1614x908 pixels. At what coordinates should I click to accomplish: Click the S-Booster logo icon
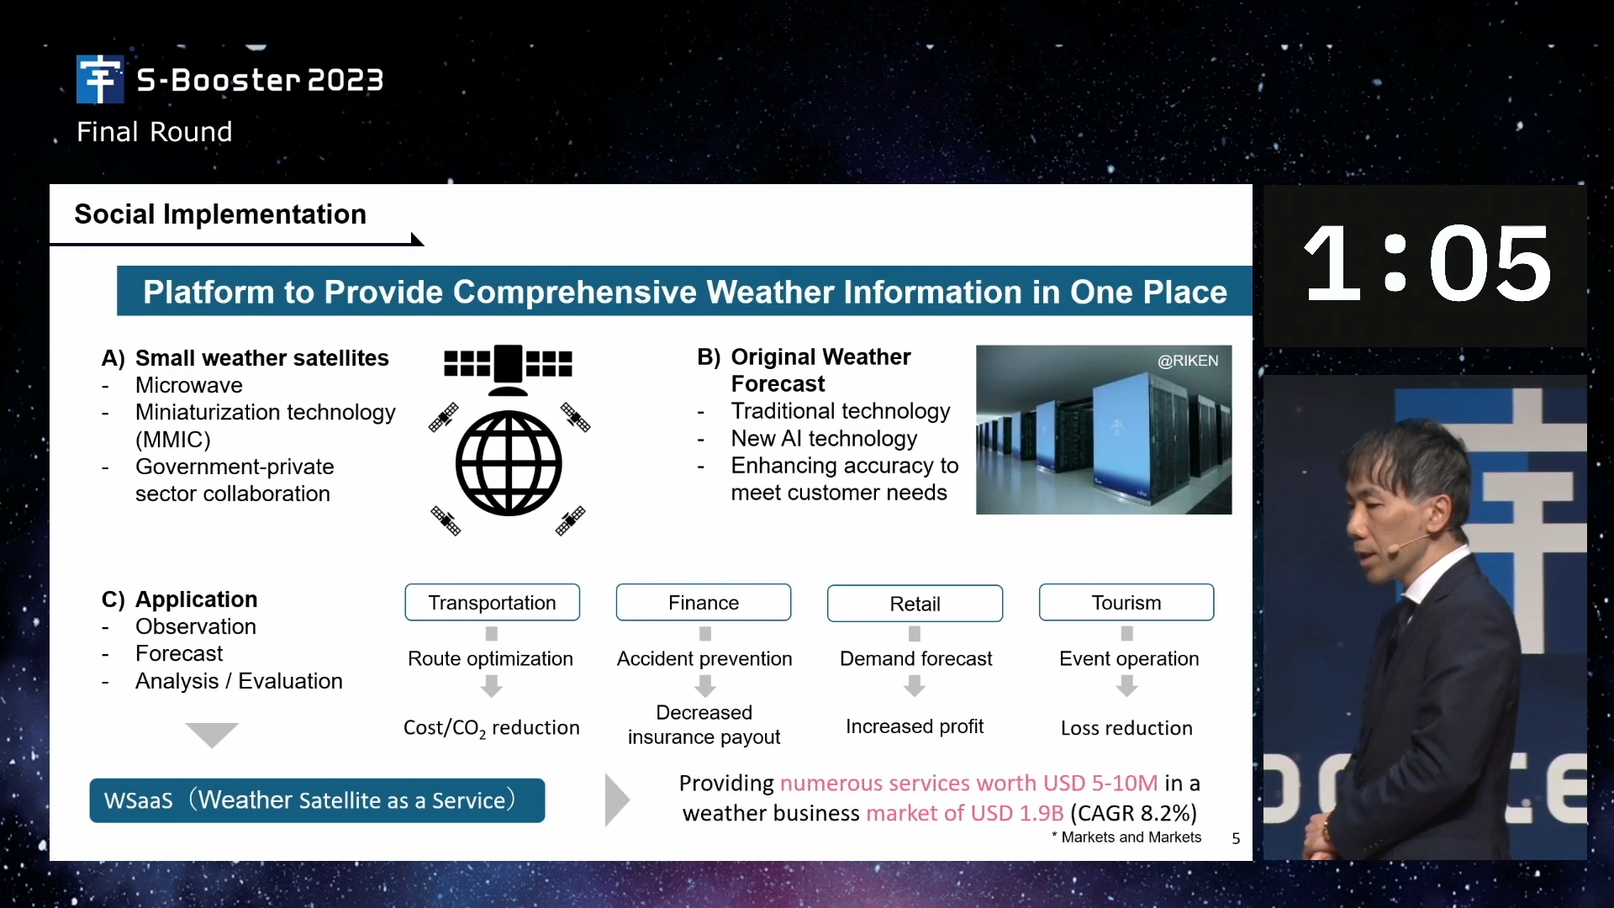click(x=100, y=79)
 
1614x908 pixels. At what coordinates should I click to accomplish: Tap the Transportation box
click(x=493, y=603)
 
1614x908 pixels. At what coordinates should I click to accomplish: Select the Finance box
click(x=704, y=603)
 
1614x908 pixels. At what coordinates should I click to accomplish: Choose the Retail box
click(x=915, y=604)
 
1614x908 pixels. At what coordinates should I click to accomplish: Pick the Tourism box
click(x=1126, y=603)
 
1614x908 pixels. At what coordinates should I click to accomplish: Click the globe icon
click(x=509, y=463)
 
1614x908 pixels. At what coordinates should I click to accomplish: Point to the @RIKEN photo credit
click(x=1188, y=361)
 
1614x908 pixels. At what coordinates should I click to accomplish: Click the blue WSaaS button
click(x=317, y=800)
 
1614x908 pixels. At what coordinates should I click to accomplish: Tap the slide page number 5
click(x=1236, y=838)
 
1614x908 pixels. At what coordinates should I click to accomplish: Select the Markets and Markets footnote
click(x=1126, y=837)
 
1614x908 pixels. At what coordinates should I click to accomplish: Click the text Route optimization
click(x=490, y=659)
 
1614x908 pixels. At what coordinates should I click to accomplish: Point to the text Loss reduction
click(x=1126, y=728)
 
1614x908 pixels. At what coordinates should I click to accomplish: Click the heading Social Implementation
click(x=220, y=214)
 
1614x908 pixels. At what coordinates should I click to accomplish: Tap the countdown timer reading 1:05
click(x=1427, y=264)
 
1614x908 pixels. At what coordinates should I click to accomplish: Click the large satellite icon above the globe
click(x=508, y=368)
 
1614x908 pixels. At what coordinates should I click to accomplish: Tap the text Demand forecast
click(x=915, y=659)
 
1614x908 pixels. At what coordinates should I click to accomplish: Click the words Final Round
click(x=155, y=132)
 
